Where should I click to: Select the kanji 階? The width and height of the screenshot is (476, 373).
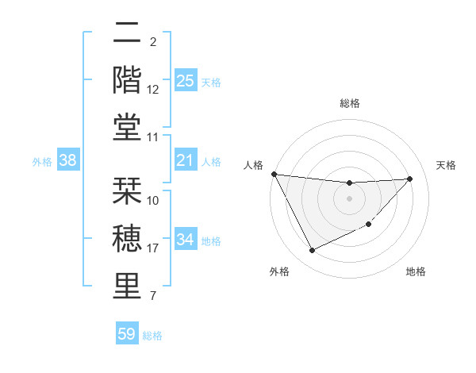click(x=129, y=79)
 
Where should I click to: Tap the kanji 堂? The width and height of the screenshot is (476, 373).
click(x=129, y=127)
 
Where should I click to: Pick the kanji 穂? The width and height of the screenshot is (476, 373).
click(x=129, y=237)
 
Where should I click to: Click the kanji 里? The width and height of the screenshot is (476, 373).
click(x=129, y=286)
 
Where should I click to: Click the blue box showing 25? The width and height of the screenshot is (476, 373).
click(x=185, y=81)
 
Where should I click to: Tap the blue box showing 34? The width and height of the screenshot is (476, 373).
click(x=185, y=240)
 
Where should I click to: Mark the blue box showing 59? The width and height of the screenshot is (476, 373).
click(x=127, y=334)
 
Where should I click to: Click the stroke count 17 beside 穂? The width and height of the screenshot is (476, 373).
click(x=153, y=248)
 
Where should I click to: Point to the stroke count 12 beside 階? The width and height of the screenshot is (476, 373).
click(x=153, y=90)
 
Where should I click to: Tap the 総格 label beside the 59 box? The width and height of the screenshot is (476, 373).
click(x=152, y=336)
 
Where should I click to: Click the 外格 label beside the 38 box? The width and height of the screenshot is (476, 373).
click(x=42, y=162)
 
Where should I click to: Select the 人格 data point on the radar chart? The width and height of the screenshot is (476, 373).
click(x=274, y=174)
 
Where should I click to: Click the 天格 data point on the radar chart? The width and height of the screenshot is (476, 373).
click(x=410, y=179)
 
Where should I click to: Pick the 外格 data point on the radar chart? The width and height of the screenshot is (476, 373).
click(x=312, y=251)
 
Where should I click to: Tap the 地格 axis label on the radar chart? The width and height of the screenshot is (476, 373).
click(x=416, y=271)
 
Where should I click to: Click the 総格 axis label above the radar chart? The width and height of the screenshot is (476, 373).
click(x=349, y=103)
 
